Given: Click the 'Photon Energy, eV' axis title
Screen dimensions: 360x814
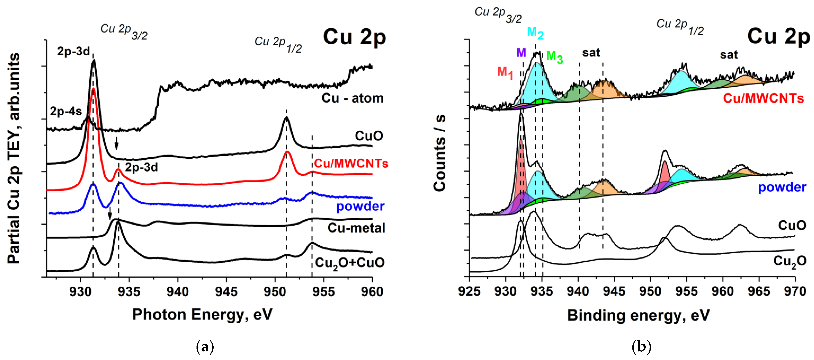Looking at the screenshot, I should click(202, 315).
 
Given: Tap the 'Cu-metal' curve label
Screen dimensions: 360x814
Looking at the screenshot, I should click(356, 228).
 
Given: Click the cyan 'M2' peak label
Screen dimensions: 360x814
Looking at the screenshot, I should click(535, 33).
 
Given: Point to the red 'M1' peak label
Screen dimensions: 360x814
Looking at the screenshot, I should click(505, 73).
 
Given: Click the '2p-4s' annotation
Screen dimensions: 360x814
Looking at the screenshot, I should click(66, 111).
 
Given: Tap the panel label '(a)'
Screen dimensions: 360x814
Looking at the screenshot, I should click(205, 347).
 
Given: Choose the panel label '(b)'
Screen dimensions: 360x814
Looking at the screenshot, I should click(641, 347).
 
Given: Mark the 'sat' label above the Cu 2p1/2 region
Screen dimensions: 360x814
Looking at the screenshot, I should click(729, 55).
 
